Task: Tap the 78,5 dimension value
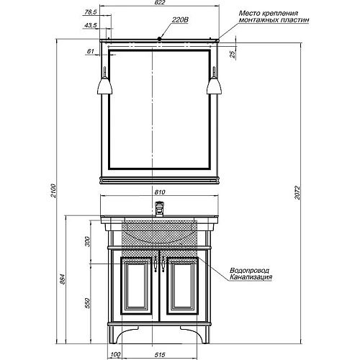[x=90, y=12]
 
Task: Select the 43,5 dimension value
[x=90, y=25]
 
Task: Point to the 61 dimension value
[x=90, y=51]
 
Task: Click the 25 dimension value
[x=233, y=55]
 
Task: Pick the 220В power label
[x=180, y=20]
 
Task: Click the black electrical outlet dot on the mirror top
[x=159, y=38]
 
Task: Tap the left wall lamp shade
[x=104, y=86]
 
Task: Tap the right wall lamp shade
[x=214, y=86]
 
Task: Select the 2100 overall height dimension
[x=53, y=191]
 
